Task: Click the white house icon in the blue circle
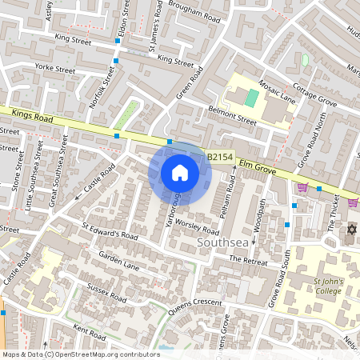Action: click(179, 172)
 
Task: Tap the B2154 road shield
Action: click(220, 158)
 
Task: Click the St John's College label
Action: click(327, 286)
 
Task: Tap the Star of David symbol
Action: click(350, 230)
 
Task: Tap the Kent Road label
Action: click(89, 330)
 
